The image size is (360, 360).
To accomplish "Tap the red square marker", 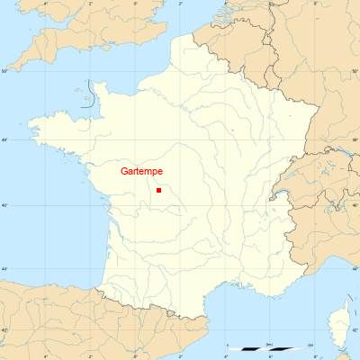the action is click(x=158, y=191).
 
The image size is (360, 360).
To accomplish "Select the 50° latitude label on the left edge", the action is click(x=4, y=70).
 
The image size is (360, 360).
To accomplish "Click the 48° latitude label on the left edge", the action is click(x=4, y=139).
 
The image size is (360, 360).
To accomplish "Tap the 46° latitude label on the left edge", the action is click(x=4, y=205).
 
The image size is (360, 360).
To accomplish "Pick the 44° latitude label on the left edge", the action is click(x=4, y=269).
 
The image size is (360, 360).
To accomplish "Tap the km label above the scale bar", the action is click(x=269, y=343).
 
